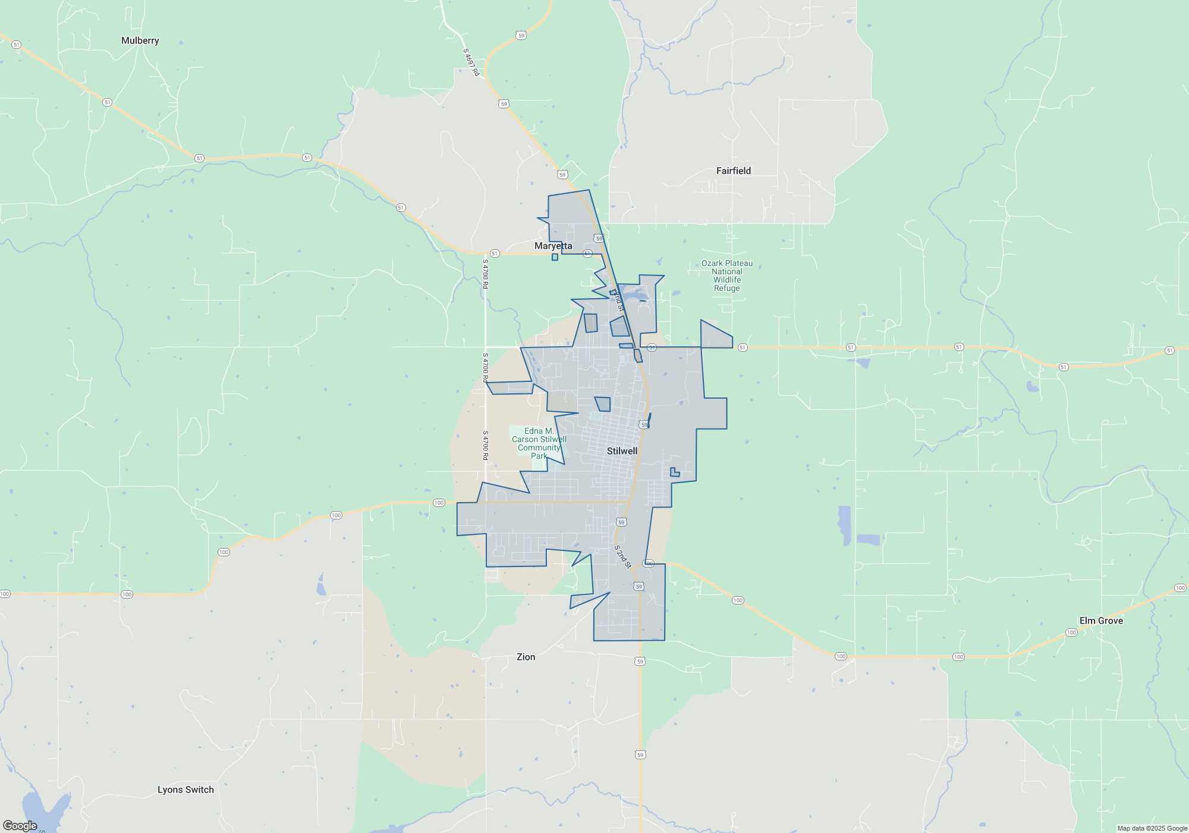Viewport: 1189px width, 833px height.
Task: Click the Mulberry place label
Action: (x=140, y=40)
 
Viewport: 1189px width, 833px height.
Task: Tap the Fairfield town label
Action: (x=733, y=171)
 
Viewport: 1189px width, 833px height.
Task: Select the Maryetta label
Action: (x=553, y=246)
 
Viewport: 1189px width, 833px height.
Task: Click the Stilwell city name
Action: (x=622, y=451)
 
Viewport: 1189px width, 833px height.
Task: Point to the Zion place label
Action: (x=526, y=657)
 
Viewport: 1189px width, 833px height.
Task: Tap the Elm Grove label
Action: (x=1101, y=621)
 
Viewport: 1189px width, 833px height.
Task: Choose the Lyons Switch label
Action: (x=185, y=790)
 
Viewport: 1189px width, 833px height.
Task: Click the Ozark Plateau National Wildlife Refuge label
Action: (x=726, y=275)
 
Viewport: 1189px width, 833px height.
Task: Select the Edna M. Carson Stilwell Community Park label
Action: (x=539, y=443)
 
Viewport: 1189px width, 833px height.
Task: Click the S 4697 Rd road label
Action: (x=471, y=62)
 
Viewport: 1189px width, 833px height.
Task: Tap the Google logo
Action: (x=20, y=825)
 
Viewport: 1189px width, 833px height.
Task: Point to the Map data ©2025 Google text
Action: (x=1152, y=828)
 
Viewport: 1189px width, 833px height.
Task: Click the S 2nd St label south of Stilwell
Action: (x=622, y=556)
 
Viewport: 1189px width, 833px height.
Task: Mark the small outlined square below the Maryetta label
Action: (x=555, y=257)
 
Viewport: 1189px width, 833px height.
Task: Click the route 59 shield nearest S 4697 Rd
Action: (x=521, y=36)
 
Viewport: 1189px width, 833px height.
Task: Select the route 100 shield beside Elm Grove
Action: (x=1071, y=632)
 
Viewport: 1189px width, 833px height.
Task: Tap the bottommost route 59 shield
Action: (x=640, y=754)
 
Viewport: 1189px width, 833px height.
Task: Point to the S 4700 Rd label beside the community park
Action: (x=485, y=445)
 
